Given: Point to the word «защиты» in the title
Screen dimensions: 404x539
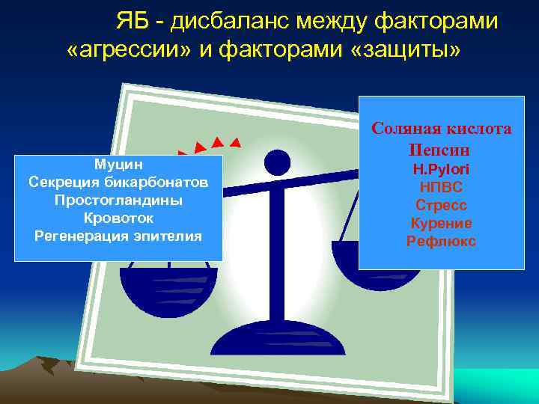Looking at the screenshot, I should pyautogui.click(x=409, y=50).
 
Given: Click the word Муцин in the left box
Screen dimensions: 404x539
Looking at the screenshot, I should pyautogui.click(x=118, y=164).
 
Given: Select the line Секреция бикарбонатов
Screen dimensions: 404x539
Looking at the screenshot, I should pyautogui.click(x=118, y=182).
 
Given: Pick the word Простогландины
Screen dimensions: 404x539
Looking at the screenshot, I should pyautogui.click(x=118, y=201).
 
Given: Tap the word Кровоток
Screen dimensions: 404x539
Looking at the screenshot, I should pyautogui.click(x=118, y=218).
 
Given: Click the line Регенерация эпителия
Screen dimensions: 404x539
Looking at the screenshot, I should pyautogui.click(x=118, y=236).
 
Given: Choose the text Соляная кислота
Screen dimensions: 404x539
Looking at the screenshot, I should pyautogui.click(x=442, y=129).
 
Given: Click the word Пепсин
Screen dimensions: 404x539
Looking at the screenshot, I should pyautogui.click(x=442, y=150).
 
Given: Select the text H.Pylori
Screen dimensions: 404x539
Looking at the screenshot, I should pyautogui.click(x=442, y=170).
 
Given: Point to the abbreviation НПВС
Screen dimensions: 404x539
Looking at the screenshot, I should pyautogui.click(x=442, y=188).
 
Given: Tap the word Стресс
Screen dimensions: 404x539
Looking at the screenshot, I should pyautogui.click(x=442, y=206).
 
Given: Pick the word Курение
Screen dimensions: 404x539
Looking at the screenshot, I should pyautogui.click(x=442, y=224).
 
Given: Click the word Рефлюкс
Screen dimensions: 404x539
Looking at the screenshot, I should pyautogui.click(x=442, y=242).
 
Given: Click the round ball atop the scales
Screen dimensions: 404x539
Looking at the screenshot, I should pyautogui.click(x=278, y=163).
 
